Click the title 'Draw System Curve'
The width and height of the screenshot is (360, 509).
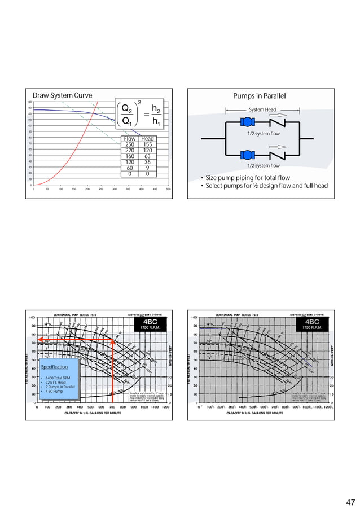(62, 95)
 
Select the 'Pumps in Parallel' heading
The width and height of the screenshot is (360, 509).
(260, 96)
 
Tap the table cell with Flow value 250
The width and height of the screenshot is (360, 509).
(130, 144)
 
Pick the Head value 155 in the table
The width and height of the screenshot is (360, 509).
(147, 144)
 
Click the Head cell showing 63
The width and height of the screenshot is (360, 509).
(147, 156)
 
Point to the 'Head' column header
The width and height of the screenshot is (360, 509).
(147, 138)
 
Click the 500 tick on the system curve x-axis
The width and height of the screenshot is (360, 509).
(168, 190)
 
